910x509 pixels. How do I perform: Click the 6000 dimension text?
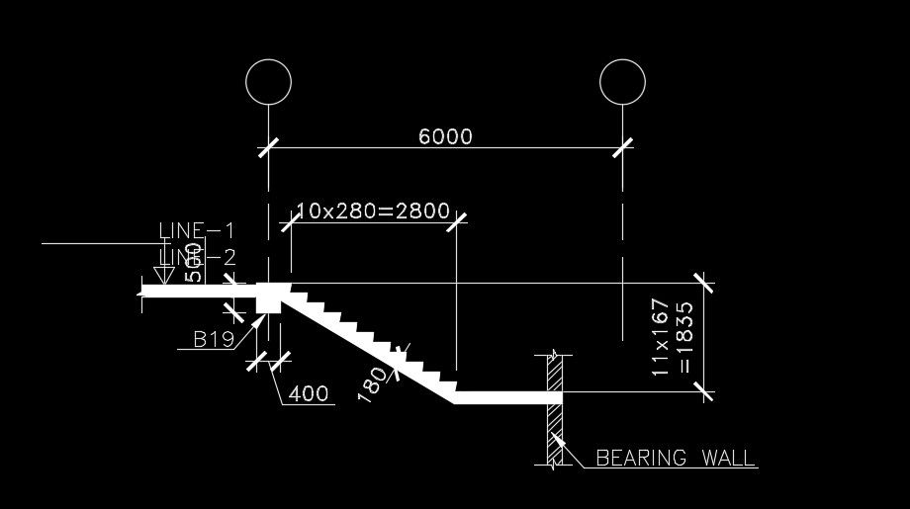[x=445, y=136]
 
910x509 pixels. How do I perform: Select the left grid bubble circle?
[x=268, y=82]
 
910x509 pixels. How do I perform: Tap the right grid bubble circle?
[x=622, y=82]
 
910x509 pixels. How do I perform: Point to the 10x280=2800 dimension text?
[x=373, y=212]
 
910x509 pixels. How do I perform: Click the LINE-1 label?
[x=197, y=231]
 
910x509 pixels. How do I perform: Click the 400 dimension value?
[x=309, y=394]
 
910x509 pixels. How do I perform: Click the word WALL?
[x=729, y=459]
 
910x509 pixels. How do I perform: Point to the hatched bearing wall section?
[x=555, y=409]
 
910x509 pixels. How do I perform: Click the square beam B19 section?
[x=268, y=297]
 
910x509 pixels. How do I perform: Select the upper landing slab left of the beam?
[x=198, y=291]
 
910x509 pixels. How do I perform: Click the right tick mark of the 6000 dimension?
[x=622, y=148]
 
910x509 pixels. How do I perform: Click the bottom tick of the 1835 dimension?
[x=705, y=392]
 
